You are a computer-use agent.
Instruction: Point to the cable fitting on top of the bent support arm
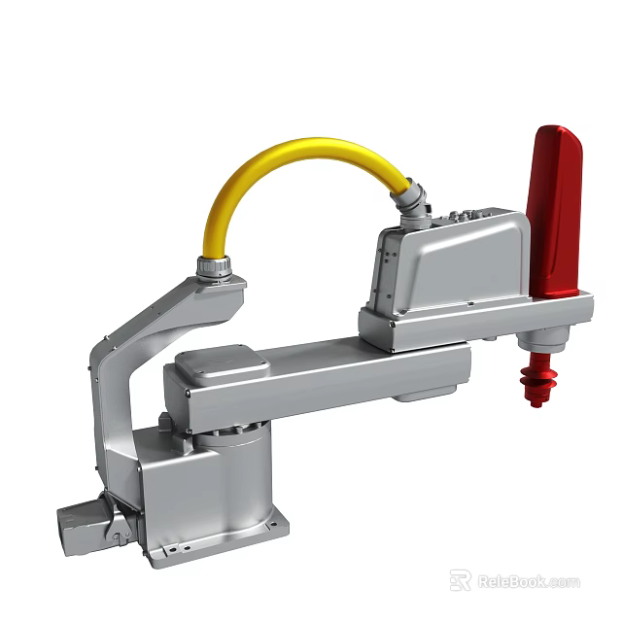pos(216,267)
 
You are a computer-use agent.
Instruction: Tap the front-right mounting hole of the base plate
pos(275,526)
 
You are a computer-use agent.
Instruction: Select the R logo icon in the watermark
pos(460,580)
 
